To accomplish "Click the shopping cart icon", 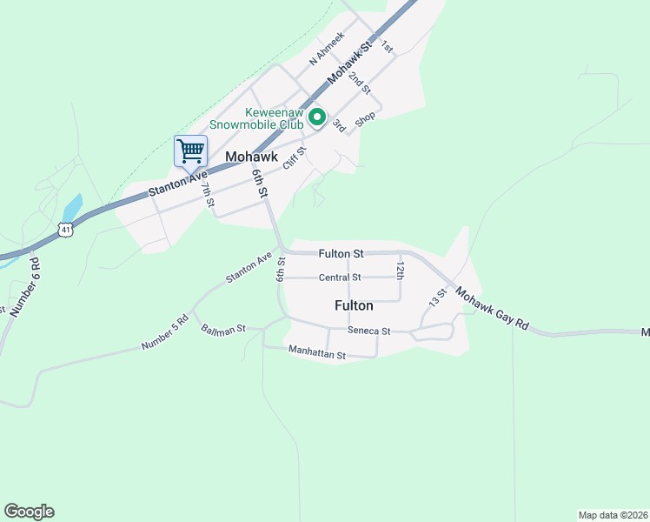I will click(x=191, y=151).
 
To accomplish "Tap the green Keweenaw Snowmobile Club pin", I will click(x=317, y=117).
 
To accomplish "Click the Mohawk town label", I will click(x=251, y=157).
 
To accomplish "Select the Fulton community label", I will click(x=354, y=305).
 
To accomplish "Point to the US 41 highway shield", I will click(x=66, y=229).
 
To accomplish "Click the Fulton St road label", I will click(x=341, y=253).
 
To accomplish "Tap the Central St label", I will click(x=339, y=278).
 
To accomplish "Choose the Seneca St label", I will click(x=369, y=331).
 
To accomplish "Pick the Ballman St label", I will click(x=223, y=330).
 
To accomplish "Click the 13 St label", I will click(x=437, y=297).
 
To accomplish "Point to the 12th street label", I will click(x=401, y=269).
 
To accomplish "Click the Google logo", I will click(x=29, y=512).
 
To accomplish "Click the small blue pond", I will click(x=72, y=209).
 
